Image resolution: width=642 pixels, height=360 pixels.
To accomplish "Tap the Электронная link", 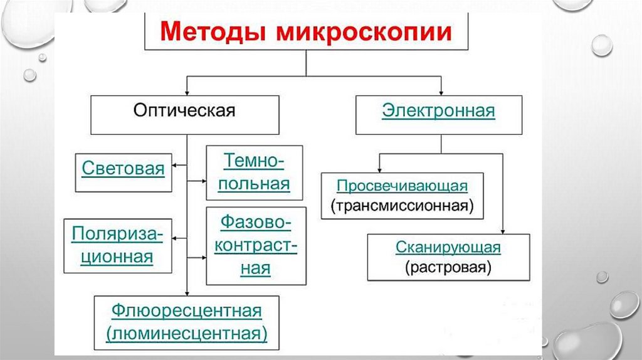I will point(438,112).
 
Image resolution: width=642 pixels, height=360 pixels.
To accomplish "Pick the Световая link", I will point(123,169).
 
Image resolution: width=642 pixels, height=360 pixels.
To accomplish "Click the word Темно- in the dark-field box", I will point(254,162).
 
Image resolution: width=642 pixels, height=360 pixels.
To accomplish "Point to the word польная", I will point(254,184).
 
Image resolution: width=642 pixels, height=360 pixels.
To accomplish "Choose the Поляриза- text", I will point(117,234).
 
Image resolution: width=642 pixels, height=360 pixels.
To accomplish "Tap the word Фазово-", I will point(255,223).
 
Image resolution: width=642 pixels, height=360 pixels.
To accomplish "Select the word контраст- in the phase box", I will point(255,245).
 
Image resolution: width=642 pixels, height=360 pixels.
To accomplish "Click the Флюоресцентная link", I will point(186,311).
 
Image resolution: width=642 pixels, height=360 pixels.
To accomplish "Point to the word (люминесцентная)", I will point(186,332).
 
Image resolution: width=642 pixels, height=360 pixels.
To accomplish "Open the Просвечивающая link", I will point(402,186).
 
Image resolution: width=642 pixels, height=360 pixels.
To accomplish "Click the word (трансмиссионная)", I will point(402,205).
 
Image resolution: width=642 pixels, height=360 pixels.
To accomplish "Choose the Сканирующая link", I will point(448,247).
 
